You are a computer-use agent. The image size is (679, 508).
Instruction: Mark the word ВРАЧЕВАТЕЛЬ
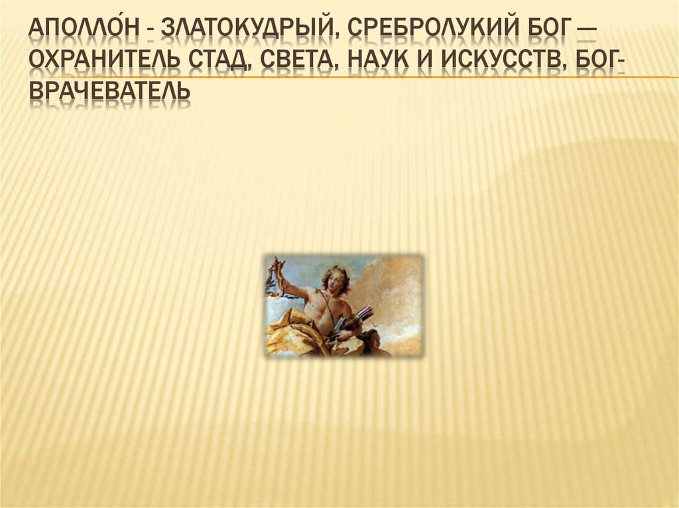(x=109, y=97)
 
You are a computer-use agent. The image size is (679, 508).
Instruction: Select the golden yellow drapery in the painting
(x=292, y=331)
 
